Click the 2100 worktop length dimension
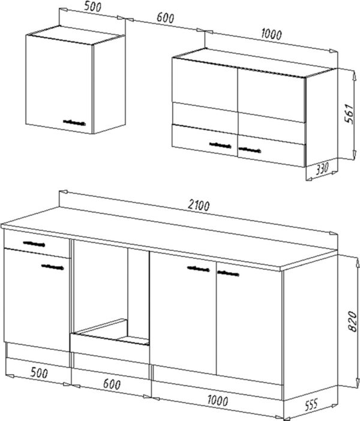pos(199,205)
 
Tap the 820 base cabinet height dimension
pos(352,321)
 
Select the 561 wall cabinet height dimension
pos(350,113)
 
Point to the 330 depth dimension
pos(322,169)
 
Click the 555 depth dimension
pos(311,404)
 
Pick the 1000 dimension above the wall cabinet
pos(271,34)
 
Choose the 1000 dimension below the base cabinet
pos(218,401)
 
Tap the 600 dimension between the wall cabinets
pos(165,18)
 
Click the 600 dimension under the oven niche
pos(112,384)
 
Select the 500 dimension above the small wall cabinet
pos(92,7)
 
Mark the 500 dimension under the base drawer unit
pos(39,372)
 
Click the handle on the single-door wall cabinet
pos(74,123)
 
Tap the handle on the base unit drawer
pos(34,244)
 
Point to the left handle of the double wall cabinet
pos(220,145)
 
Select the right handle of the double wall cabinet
pos(250,150)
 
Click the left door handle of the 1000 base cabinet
pos(198,269)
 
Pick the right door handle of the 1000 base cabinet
pos(228,273)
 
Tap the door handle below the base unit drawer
pos(52,267)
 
